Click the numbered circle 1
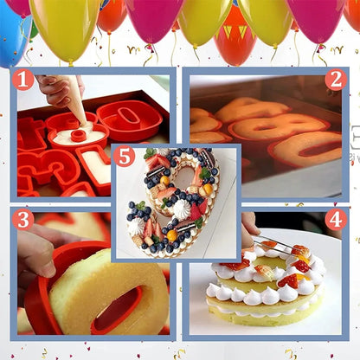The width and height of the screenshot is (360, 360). pyautogui.click(x=22, y=80)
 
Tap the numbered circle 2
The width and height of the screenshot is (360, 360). pyautogui.click(x=336, y=80)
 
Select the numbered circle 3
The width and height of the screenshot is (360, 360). pyautogui.click(x=22, y=219)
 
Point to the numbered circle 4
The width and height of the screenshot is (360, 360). pyautogui.click(x=336, y=219)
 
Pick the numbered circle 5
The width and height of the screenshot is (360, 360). pyautogui.click(x=125, y=157)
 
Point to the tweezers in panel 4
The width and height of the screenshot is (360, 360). pyautogui.click(x=275, y=246)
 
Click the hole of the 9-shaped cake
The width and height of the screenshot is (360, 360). pyautogui.click(x=184, y=177)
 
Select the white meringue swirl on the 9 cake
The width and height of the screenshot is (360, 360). pyautogui.click(x=182, y=209)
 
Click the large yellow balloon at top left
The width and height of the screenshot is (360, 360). pyautogui.click(x=65, y=29)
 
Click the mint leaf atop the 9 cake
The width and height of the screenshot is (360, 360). pyautogui.click(x=150, y=153)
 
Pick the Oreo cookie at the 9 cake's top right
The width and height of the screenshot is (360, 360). pyautogui.click(x=206, y=157)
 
